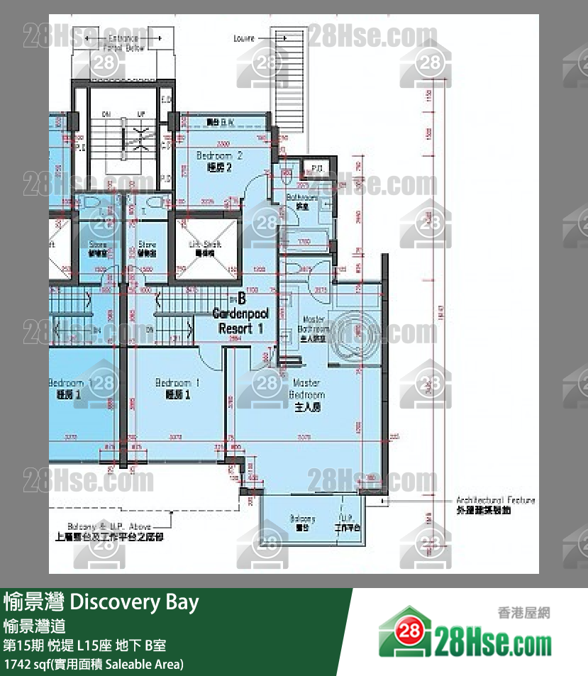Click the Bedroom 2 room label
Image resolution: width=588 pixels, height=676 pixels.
[220, 161]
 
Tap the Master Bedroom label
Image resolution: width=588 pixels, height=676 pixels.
[308, 394]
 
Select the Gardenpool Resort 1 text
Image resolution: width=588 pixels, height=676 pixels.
[240, 321]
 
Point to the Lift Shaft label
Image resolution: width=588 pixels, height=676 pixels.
[206, 248]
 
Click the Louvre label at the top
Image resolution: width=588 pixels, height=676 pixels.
[244, 38]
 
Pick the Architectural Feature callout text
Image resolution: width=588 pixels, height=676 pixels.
[495, 504]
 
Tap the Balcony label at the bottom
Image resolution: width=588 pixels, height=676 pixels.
[303, 523]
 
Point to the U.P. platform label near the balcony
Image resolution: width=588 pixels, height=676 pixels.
[348, 523]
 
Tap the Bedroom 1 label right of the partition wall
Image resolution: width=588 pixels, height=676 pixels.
[177, 388]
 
